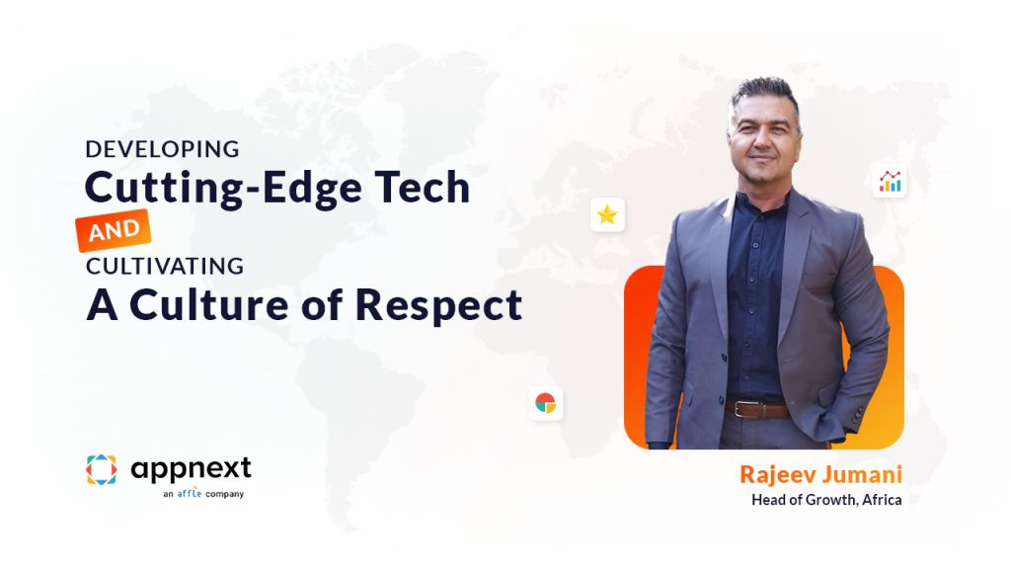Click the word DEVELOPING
pos(163,150)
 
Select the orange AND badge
pos(114,230)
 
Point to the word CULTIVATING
pos(165,266)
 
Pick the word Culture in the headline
pos(209,304)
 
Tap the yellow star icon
pos(607,214)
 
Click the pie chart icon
pos(545,403)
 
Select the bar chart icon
pos(891,182)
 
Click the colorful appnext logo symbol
pos(102,469)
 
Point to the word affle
pos(190,494)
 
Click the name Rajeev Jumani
pos(820,475)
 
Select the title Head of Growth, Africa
pos(826,499)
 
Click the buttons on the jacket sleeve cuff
pos(858,414)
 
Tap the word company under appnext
pos(224,494)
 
